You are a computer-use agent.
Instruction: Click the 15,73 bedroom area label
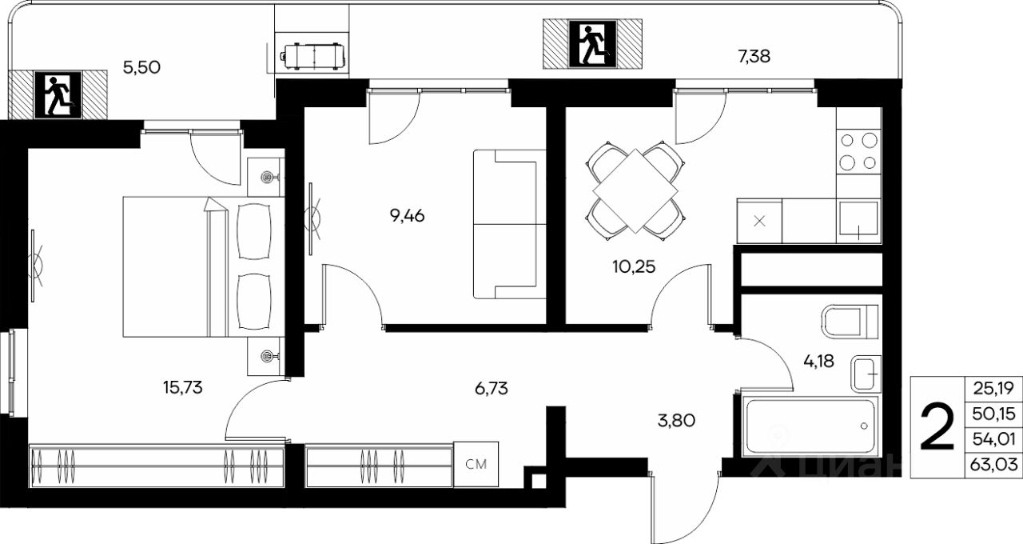(x=183, y=388)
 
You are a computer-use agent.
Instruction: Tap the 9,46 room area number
(x=407, y=215)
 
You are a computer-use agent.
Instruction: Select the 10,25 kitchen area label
(x=634, y=266)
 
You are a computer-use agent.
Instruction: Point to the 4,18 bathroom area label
(x=818, y=361)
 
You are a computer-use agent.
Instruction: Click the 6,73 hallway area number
(x=491, y=389)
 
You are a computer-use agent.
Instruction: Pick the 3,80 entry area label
(x=676, y=420)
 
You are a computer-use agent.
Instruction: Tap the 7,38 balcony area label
(x=754, y=56)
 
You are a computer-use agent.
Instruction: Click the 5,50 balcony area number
(x=141, y=68)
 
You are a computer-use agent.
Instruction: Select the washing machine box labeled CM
(x=476, y=464)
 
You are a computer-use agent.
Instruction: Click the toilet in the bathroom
(x=850, y=322)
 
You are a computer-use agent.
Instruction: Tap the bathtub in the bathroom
(x=810, y=426)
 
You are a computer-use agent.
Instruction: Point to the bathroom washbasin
(x=866, y=374)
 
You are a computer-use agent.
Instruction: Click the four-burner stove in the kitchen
(x=858, y=151)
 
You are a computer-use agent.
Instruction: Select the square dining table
(x=635, y=191)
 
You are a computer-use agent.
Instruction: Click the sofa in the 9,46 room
(x=510, y=224)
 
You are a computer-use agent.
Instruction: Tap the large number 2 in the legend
(x=937, y=426)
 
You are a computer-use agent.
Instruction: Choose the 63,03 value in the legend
(x=993, y=465)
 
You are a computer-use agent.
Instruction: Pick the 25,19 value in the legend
(x=993, y=389)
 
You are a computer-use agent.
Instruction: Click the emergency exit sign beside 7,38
(x=592, y=44)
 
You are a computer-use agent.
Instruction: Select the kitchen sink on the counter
(x=858, y=221)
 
